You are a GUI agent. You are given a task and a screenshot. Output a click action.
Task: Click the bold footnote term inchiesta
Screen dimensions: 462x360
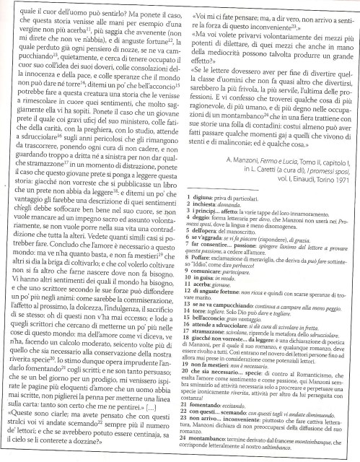[x=204, y=204]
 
